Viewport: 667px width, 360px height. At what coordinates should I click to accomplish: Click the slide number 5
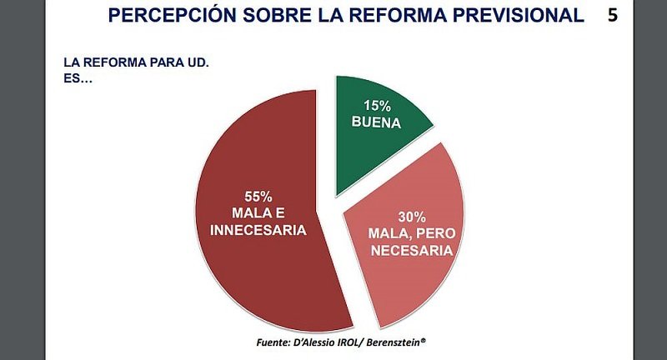pyautogui.click(x=613, y=15)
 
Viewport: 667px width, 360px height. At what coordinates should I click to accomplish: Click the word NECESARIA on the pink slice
pyautogui.click(x=401, y=249)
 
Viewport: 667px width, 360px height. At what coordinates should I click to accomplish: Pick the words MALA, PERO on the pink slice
pyautogui.click(x=401, y=233)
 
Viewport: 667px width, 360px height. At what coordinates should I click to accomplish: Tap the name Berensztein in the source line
pyautogui.click(x=388, y=342)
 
